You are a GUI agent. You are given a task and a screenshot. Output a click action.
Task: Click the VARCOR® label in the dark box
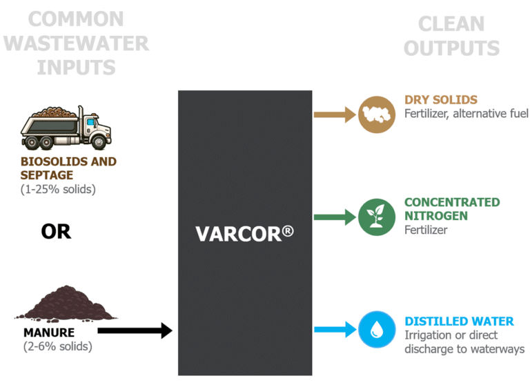click(x=244, y=233)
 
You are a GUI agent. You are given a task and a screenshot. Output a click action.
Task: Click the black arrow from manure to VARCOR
click(x=135, y=331)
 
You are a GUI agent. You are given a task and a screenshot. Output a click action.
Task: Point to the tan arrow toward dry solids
click(x=334, y=114)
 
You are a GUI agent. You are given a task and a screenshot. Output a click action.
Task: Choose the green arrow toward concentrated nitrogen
click(x=334, y=218)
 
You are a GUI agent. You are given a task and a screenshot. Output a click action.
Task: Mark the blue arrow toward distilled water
click(x=334, y=330)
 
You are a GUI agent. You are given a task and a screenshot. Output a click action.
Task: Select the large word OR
click(x=56, y=232)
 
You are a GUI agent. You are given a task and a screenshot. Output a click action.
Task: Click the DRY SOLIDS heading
click(x=440, y=100)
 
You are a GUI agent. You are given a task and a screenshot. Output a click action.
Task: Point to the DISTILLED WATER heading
click(x=458, y=321)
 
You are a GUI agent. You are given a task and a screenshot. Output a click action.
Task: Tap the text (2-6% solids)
click(x=57, y=346)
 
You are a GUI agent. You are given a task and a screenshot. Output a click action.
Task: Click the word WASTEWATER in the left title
click(x=76, y=43)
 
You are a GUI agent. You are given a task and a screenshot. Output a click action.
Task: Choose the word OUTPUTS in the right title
click(x=451, y=48)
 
